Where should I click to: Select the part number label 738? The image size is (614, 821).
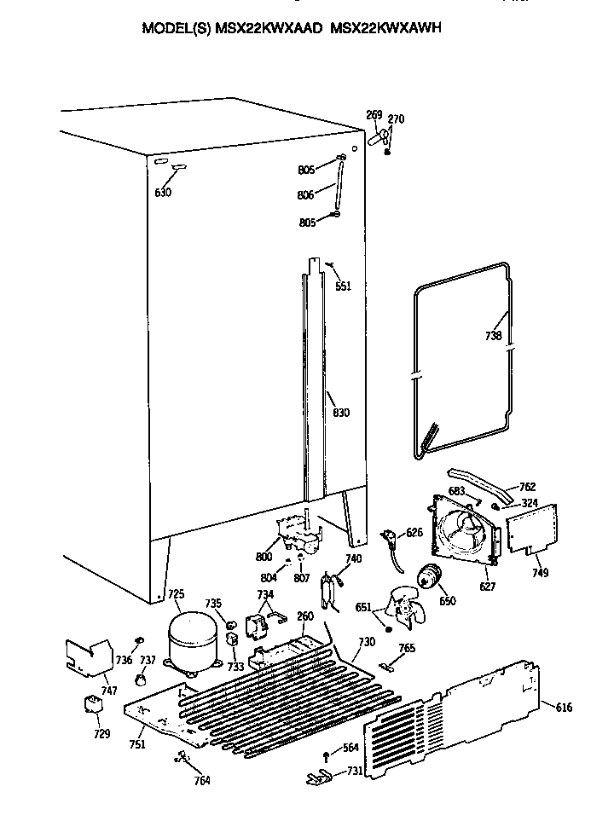[494, 334]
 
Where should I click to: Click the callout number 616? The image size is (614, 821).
[564, 708]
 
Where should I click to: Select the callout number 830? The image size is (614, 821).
[341, 413]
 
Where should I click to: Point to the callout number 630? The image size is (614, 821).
[163, 193]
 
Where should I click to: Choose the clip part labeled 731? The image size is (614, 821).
[317, 777]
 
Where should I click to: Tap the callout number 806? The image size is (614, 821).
[305, 195]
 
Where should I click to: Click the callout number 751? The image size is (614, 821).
[137, 743]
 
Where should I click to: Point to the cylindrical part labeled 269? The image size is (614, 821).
[376, 140]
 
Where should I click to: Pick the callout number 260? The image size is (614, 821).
[304, 617]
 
